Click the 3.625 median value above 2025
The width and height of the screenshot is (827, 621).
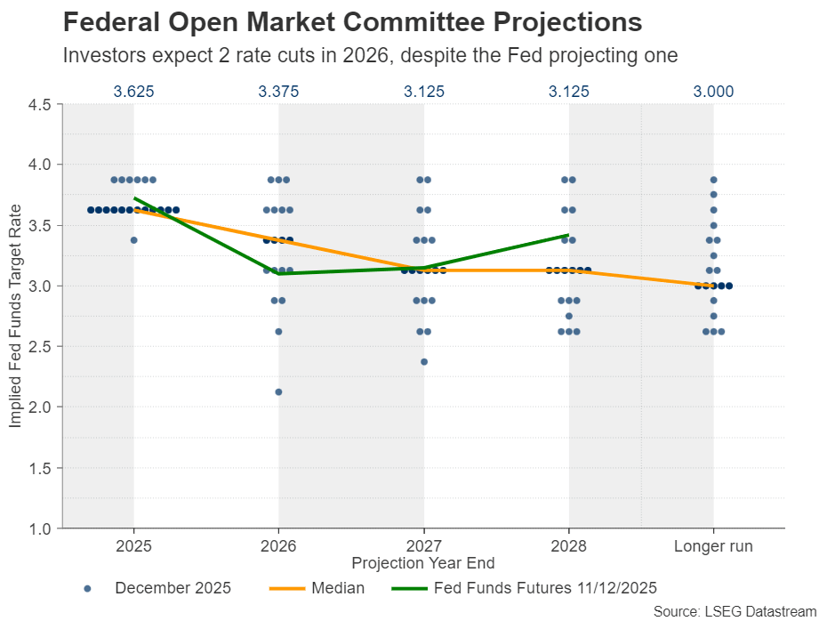click(133, 91)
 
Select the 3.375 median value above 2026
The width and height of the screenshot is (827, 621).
click(278, 91)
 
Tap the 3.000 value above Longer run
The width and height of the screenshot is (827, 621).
click(713, 91)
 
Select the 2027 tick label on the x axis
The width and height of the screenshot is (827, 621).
click(423, 546)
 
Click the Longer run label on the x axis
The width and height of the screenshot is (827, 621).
click(713, 546)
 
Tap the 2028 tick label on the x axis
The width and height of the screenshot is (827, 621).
click(568, 546)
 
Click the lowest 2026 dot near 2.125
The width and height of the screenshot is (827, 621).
click(278, 392)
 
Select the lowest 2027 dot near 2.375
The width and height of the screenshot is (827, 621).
click(423, 362)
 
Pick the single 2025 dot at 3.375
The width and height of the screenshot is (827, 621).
click(133, 240)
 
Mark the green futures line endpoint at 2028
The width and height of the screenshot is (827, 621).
click(568, 235)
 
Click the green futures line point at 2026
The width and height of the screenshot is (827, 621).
click(278, 273)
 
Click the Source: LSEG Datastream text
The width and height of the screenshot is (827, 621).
click(735, 611)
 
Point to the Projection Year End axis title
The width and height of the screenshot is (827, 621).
click(423, 563)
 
